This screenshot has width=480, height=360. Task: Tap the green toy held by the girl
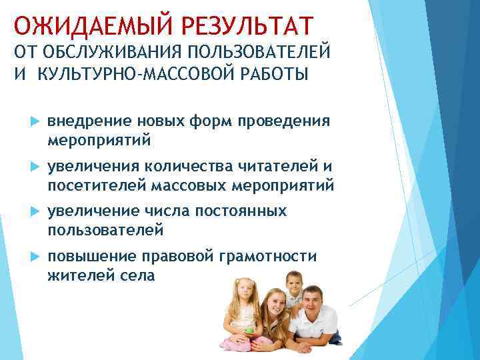point(249,330)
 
